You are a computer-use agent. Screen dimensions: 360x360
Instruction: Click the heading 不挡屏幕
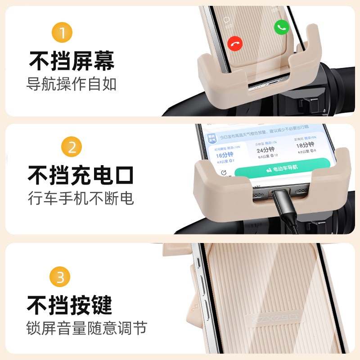(72, 61)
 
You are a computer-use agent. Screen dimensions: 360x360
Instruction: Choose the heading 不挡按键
(70, 305)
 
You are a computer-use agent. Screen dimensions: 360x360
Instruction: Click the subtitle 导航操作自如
(72, 84)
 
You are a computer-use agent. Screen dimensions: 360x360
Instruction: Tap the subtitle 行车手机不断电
(81, 198)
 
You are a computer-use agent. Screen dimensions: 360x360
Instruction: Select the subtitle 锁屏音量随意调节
(86, 328)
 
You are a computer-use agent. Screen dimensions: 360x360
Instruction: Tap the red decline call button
(235, 43)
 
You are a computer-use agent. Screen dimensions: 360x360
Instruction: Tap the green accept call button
(282, 27)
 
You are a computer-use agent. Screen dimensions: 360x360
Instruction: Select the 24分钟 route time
(266, 149)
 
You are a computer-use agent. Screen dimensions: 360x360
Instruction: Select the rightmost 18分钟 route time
(308, 145)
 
